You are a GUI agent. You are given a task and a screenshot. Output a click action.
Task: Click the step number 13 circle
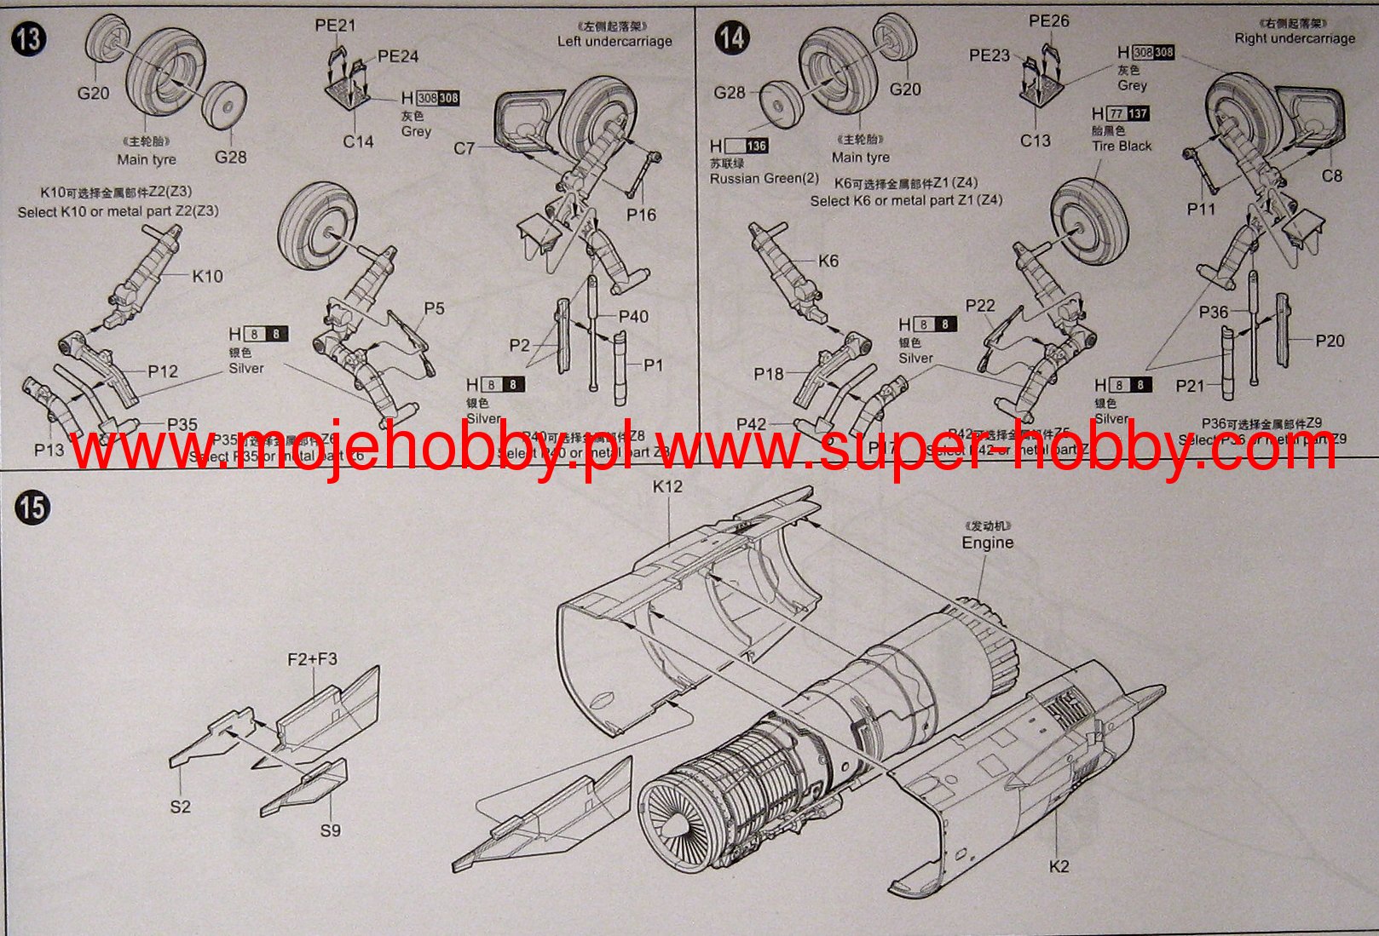(x=29, y=38)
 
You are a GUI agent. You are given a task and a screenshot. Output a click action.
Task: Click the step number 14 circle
(x=732, y=38)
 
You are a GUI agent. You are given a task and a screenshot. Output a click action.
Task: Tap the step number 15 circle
(x=32, y=508)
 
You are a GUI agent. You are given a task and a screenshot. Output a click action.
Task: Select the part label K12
(x=667, y=486)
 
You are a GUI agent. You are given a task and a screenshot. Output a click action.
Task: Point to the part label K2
(x=1058, y=866)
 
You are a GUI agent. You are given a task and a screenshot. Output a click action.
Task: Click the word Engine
(x=988, y=543)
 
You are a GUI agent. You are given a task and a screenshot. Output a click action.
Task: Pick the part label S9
(x=330, y=830)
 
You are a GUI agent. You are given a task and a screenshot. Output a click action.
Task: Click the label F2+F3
(x=312, y=659)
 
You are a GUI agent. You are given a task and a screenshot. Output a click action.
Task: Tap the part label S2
(x=180, y=807)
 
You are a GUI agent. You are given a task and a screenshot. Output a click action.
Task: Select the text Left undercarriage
(x=614, y=41)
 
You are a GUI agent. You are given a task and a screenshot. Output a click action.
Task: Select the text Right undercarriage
(x=1294, y=38)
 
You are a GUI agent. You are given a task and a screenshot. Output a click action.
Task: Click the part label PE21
(x=335, y=26)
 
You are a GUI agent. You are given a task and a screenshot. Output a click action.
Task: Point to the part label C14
(x=358, y=141)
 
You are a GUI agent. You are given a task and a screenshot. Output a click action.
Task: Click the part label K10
(x=207, y=276)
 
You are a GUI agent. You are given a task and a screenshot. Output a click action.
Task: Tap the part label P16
(x=641, y=215)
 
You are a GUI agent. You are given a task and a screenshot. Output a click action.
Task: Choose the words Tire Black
(x=1122, y=146)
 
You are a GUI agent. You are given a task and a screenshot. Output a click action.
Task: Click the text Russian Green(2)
(x=764, y=178)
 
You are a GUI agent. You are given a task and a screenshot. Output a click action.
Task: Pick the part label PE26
(x=1048, y=20)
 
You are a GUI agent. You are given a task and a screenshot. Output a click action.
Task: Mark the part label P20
(x=1330, y=341)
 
